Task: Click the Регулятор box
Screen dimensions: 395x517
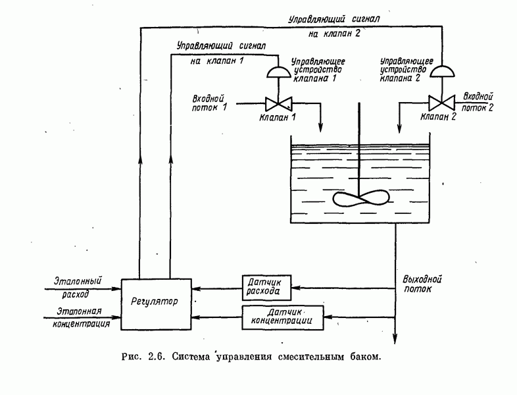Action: point(155,303)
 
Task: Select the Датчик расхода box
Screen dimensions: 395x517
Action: point(262,285)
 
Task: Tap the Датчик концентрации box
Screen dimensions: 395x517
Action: point(284,317)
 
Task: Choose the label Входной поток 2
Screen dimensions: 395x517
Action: point(479,101)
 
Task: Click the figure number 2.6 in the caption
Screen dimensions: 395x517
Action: point(155,358)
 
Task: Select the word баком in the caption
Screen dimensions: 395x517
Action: point(362,358)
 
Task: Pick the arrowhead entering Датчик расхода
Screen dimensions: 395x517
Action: point(293,288)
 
